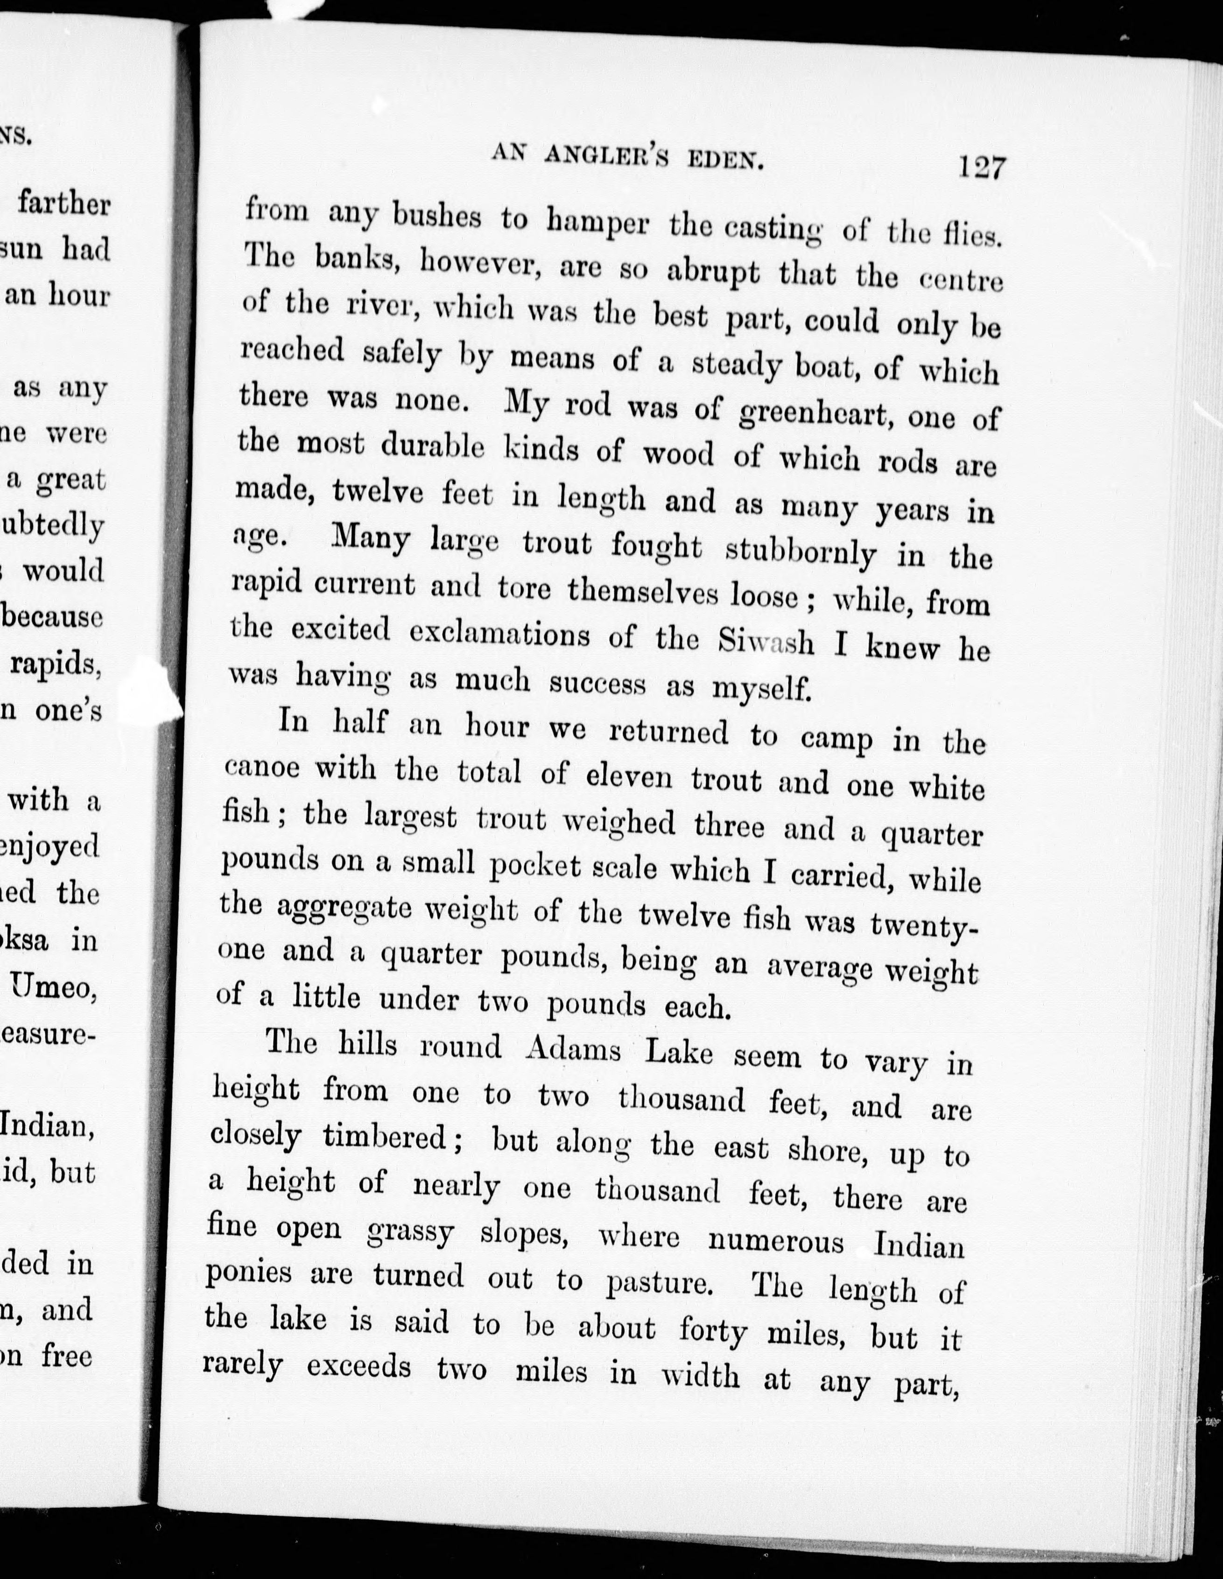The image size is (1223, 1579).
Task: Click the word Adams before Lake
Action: pos(572,1049)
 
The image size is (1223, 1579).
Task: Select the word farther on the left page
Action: pos(63,204)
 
